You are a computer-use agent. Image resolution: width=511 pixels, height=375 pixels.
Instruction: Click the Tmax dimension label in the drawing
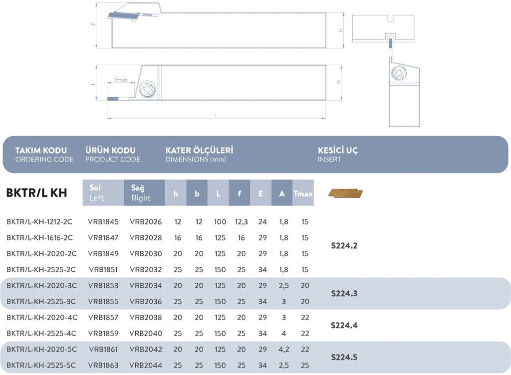coord(121,80)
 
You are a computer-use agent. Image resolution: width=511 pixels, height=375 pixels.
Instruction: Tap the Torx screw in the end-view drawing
coord(400,73)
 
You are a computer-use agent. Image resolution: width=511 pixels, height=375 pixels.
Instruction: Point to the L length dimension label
coord(216,115)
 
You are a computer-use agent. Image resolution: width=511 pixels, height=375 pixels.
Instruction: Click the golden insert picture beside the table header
coord(345,193)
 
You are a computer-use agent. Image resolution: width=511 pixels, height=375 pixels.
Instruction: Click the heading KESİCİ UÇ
coord(338,150)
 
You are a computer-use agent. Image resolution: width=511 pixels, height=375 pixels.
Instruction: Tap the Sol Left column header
coord(103,193)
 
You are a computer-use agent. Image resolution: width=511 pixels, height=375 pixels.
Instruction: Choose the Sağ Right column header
coord(144,193)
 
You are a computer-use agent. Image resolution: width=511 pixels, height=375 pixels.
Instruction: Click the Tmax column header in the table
coord(303,193)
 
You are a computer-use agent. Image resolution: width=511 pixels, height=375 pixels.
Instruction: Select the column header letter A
coord(282,193)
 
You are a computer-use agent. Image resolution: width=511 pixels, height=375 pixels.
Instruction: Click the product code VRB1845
coord(103,222)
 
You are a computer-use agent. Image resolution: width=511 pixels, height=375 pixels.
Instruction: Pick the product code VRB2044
coord(146,366)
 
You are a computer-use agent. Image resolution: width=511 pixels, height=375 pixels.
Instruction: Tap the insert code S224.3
coord(344,294)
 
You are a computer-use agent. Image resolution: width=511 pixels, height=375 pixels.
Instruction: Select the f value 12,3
coord(241,222)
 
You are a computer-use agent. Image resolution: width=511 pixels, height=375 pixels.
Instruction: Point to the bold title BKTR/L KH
coord(36,193)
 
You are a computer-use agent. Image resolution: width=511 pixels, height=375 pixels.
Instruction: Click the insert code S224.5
coord(344,358)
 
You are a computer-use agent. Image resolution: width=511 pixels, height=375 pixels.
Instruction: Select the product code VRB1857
coord(103,318)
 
